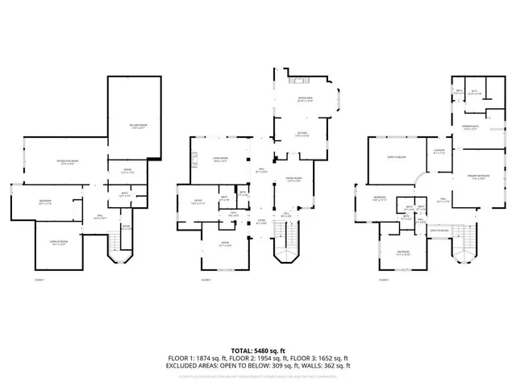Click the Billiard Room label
point(136,126)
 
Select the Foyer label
point(261,221)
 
